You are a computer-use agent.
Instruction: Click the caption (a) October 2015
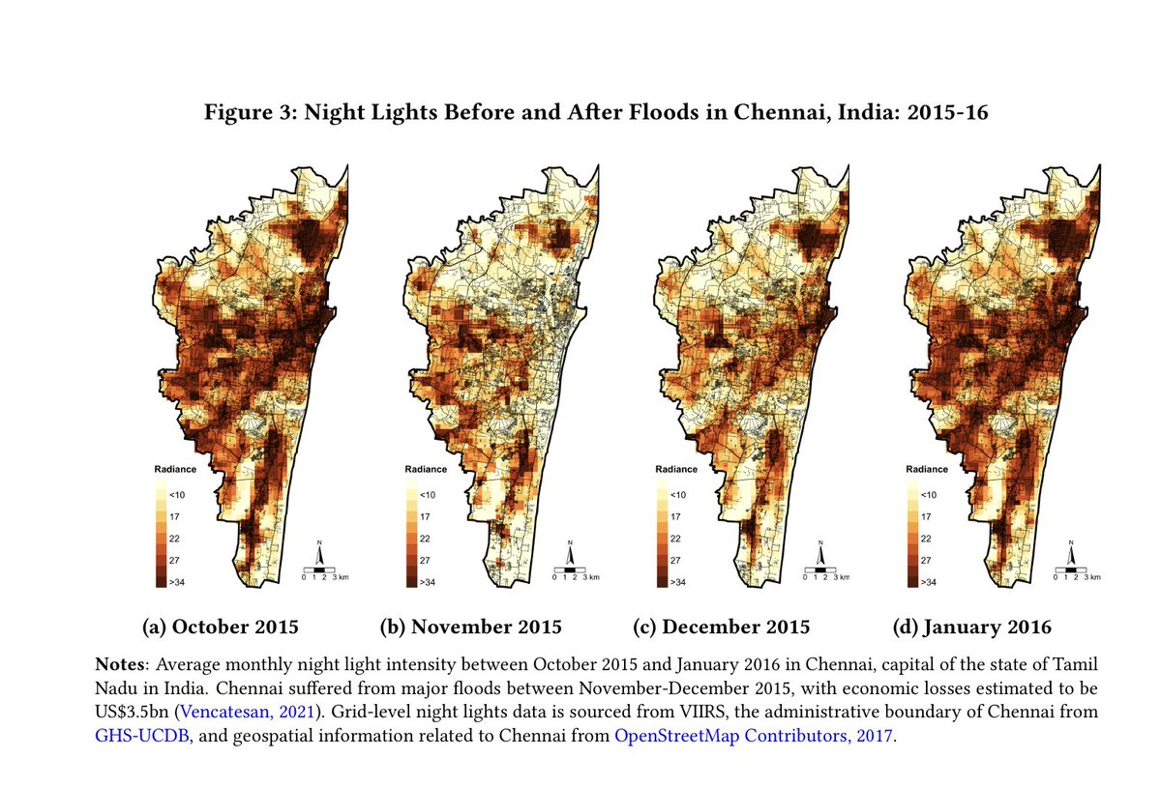(220, 627)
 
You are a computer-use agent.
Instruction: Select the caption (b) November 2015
(470, 627)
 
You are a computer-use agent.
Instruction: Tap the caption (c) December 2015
(721, 627)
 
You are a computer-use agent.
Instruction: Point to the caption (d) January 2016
(971, 627)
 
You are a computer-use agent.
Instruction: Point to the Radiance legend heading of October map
(175, 470)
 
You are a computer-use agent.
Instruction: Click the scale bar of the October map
(319, 572)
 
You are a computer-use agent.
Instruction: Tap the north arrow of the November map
(570, 554)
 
